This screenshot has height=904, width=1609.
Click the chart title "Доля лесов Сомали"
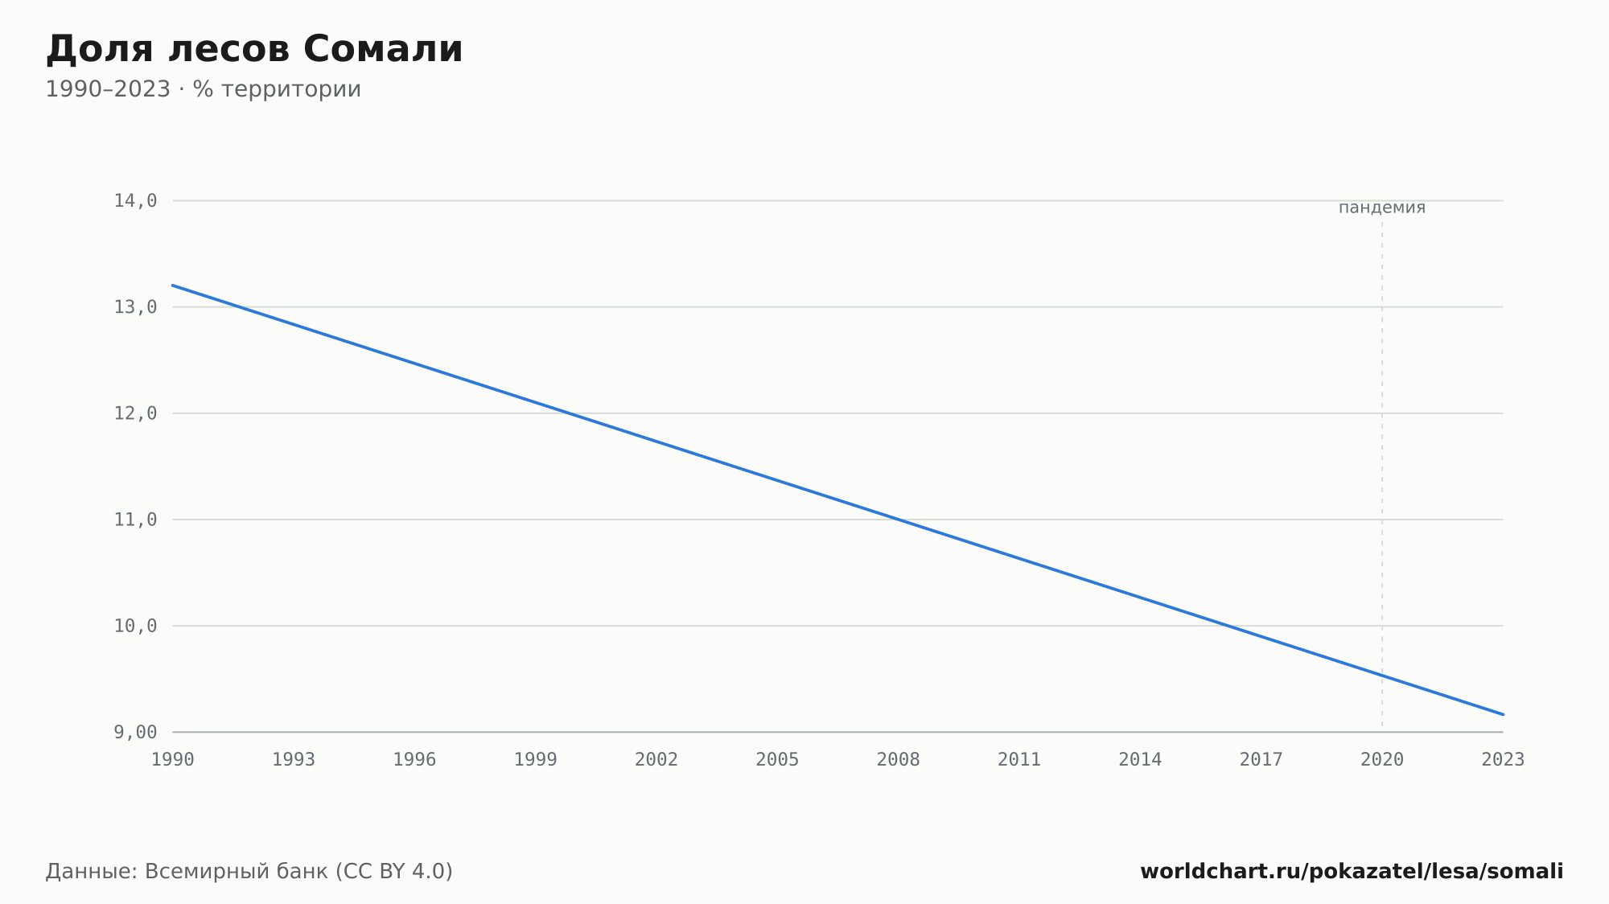[254, 49]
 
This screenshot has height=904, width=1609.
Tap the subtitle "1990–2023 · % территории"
[204, 89]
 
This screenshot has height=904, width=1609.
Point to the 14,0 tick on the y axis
[135, 201]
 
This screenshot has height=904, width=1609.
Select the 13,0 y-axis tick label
[135, 307]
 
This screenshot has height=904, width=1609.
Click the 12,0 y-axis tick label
[135, 413]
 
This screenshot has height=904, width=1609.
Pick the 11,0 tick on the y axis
[135, 520]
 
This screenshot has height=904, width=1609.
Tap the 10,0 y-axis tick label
[135, 626]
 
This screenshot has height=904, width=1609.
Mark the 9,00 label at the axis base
[135, 732]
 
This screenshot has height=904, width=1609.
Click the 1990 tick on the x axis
[173, 759]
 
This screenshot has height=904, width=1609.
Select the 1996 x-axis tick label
[414, 759]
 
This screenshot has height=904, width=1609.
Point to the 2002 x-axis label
[656, 759]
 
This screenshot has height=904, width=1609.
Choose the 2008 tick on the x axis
[899, 759]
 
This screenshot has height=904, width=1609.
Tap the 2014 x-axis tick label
[1140, 759]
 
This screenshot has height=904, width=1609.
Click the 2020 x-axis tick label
[1382, 759]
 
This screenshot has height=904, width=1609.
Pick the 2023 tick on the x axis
[1503, 759]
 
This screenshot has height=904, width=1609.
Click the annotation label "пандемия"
[1382, 208]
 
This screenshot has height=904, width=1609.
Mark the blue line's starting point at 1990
[173, 286]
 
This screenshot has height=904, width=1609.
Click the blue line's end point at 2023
[1503, 714]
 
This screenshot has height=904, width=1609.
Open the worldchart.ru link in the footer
[1352, 872]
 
